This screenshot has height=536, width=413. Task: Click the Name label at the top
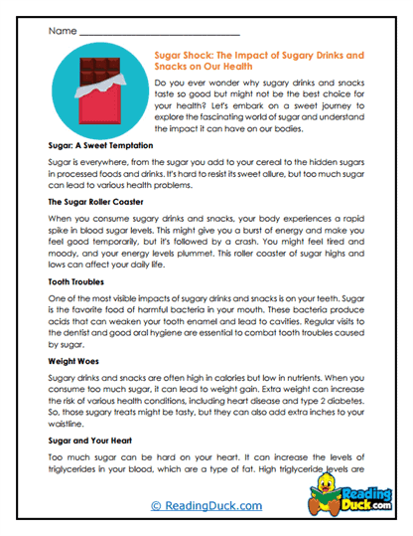pos(60,32)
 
